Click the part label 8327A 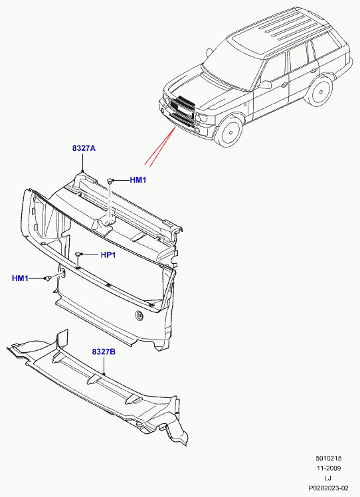click(84, 148)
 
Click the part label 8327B click(104, 351)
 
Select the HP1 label click(108, 255)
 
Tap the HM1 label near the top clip click(138, 180)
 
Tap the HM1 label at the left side click(20, 278)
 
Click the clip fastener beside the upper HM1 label click(110, 181)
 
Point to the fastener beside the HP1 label click(78, 254)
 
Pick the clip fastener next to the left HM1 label click(48, 278)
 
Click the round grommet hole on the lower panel click(139, 315)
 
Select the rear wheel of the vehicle click(320, 91)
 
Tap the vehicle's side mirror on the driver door click(265, 84)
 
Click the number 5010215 click(328, 458)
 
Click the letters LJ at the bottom click(328, 478)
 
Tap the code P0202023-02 click(329, 488)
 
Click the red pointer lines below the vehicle click(161, 146)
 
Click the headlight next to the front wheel click(202, 118)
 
